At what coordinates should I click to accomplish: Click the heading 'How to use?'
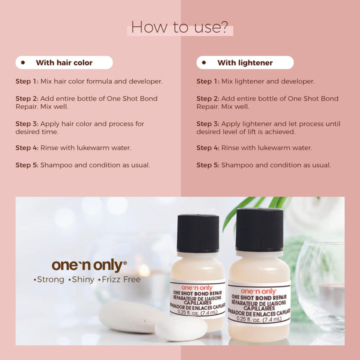point(179,27)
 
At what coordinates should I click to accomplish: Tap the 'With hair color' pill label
point(64,63)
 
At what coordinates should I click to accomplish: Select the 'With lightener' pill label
point(245,63)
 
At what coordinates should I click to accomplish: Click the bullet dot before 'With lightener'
point(204,63)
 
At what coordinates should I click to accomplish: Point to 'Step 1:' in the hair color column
point(26,81)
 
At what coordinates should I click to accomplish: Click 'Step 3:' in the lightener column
point(207,123)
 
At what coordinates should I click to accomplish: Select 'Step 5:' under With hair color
point(26,165)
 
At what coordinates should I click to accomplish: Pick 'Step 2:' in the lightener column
point(207,98)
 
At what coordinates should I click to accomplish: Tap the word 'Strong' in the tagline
point(50,279)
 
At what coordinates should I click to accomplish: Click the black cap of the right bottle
point(259,230)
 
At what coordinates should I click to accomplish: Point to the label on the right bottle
point(258,304)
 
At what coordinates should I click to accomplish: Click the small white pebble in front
point(180,328)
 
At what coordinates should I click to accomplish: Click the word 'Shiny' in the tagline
point(82,279)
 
